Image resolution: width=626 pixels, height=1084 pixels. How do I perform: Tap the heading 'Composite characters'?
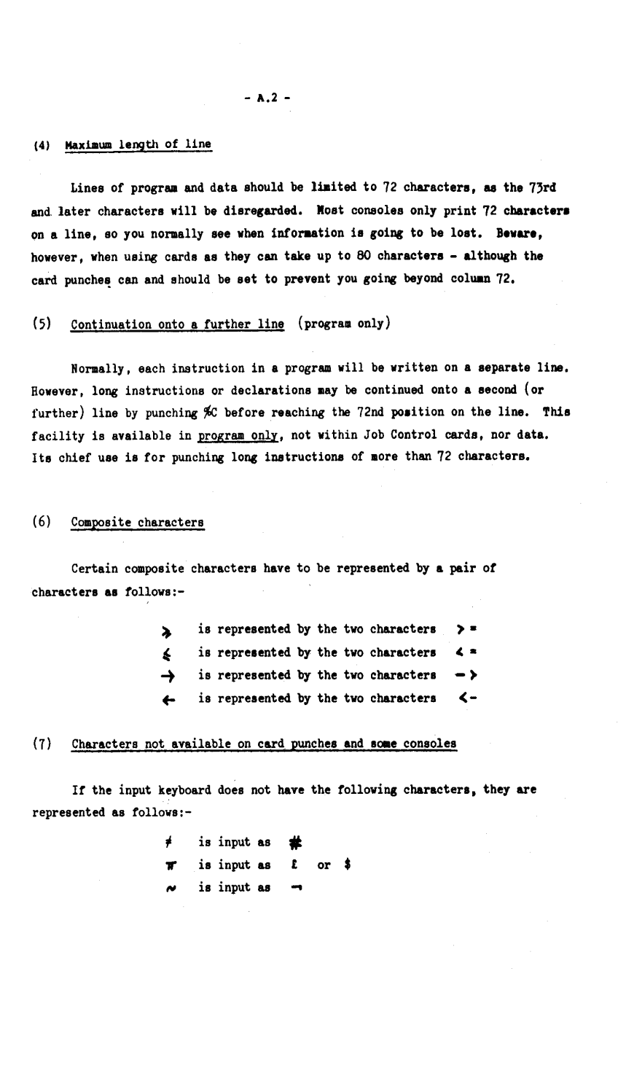click(x=138, y=522)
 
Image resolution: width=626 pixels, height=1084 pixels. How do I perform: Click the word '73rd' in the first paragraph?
click(x=541, y=187)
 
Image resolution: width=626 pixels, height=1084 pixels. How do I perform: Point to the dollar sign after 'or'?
click(x=349, y=865)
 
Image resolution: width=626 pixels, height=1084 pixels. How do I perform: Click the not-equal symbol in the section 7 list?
click(x=168, y=843)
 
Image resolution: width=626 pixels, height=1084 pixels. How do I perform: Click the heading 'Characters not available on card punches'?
click(x=264, y=744)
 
